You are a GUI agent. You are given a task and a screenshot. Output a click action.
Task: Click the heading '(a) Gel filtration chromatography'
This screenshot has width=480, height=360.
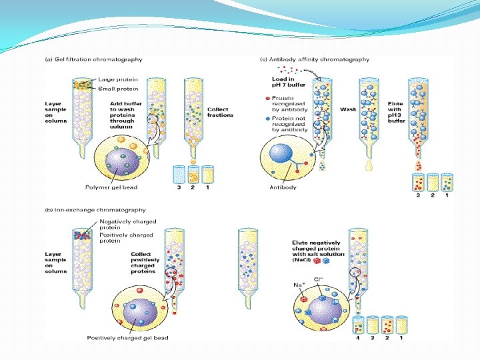93,59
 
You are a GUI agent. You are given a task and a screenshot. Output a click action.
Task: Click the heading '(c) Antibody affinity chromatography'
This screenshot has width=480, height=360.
315,59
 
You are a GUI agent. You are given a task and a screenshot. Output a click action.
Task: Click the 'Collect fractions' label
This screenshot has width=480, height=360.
220,112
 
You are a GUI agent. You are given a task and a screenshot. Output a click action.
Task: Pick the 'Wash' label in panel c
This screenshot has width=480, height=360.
348,109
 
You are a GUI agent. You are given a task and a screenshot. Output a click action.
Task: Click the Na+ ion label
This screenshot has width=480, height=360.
299,284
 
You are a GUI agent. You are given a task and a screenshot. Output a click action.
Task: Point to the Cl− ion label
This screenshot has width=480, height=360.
319,279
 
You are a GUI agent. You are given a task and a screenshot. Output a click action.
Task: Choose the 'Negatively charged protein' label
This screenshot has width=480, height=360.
127,224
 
